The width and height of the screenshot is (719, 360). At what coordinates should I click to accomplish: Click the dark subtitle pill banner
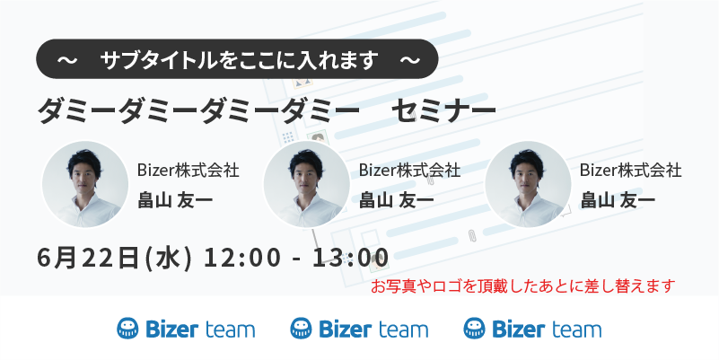point(237,58)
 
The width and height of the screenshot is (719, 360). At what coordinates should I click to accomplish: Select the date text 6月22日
point(88,258)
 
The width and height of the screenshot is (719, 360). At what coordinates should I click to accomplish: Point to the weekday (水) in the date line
point(168,258)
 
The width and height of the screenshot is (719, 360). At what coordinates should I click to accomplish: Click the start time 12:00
point(241,258)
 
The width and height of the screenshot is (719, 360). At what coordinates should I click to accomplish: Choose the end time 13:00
point(351,258)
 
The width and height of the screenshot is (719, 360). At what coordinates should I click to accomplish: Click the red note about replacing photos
point(522,286)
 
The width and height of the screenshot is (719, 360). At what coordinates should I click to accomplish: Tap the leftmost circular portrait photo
point(85,184)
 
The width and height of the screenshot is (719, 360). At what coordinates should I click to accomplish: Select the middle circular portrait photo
point(307,184)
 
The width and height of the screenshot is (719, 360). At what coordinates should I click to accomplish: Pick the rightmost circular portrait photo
point(528,184)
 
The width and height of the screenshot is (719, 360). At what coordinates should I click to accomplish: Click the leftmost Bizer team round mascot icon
point(127,329)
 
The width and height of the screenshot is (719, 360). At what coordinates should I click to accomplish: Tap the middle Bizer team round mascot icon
point(301,329)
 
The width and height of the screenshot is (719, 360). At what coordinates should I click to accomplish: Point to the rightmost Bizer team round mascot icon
point(474,329)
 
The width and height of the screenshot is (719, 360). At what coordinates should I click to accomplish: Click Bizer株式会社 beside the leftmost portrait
point(188,171)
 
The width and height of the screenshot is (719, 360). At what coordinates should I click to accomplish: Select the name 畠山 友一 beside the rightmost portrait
point(618,200)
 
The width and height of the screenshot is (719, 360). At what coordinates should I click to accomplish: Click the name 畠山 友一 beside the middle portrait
point(396,200)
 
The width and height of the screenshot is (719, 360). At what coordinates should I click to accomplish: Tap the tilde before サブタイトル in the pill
point(67,60)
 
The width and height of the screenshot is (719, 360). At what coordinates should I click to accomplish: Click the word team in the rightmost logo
point(576,329)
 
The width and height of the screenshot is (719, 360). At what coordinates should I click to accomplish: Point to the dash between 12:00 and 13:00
point(297,259)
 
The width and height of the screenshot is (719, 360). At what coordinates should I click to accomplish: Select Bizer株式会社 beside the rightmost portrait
point(630,171)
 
